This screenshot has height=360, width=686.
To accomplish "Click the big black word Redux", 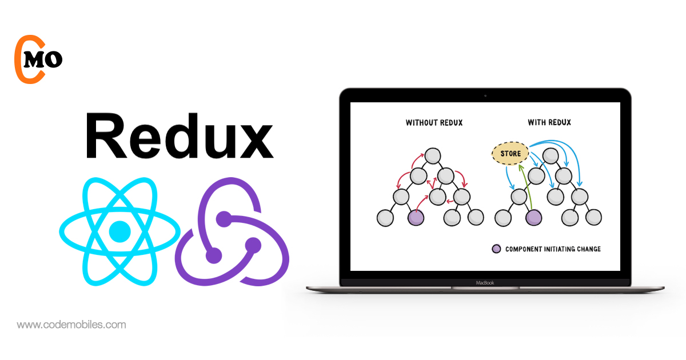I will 179,136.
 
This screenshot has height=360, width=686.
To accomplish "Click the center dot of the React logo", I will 119,230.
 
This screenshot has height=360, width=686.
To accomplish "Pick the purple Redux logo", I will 232,237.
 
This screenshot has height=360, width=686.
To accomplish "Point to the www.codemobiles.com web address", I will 71,325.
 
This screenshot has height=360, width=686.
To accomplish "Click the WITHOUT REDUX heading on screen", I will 434,122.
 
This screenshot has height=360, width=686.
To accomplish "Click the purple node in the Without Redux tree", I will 416,217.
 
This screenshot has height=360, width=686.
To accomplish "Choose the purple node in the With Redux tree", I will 533,217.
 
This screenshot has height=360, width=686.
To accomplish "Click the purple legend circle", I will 496,249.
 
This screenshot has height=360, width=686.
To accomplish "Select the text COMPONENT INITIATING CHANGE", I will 553,249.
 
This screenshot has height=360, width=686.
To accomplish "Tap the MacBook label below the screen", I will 484,282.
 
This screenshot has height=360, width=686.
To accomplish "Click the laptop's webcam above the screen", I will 485,95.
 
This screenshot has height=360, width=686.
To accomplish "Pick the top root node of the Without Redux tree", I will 433,155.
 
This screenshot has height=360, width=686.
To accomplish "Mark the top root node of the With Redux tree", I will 551,155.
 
